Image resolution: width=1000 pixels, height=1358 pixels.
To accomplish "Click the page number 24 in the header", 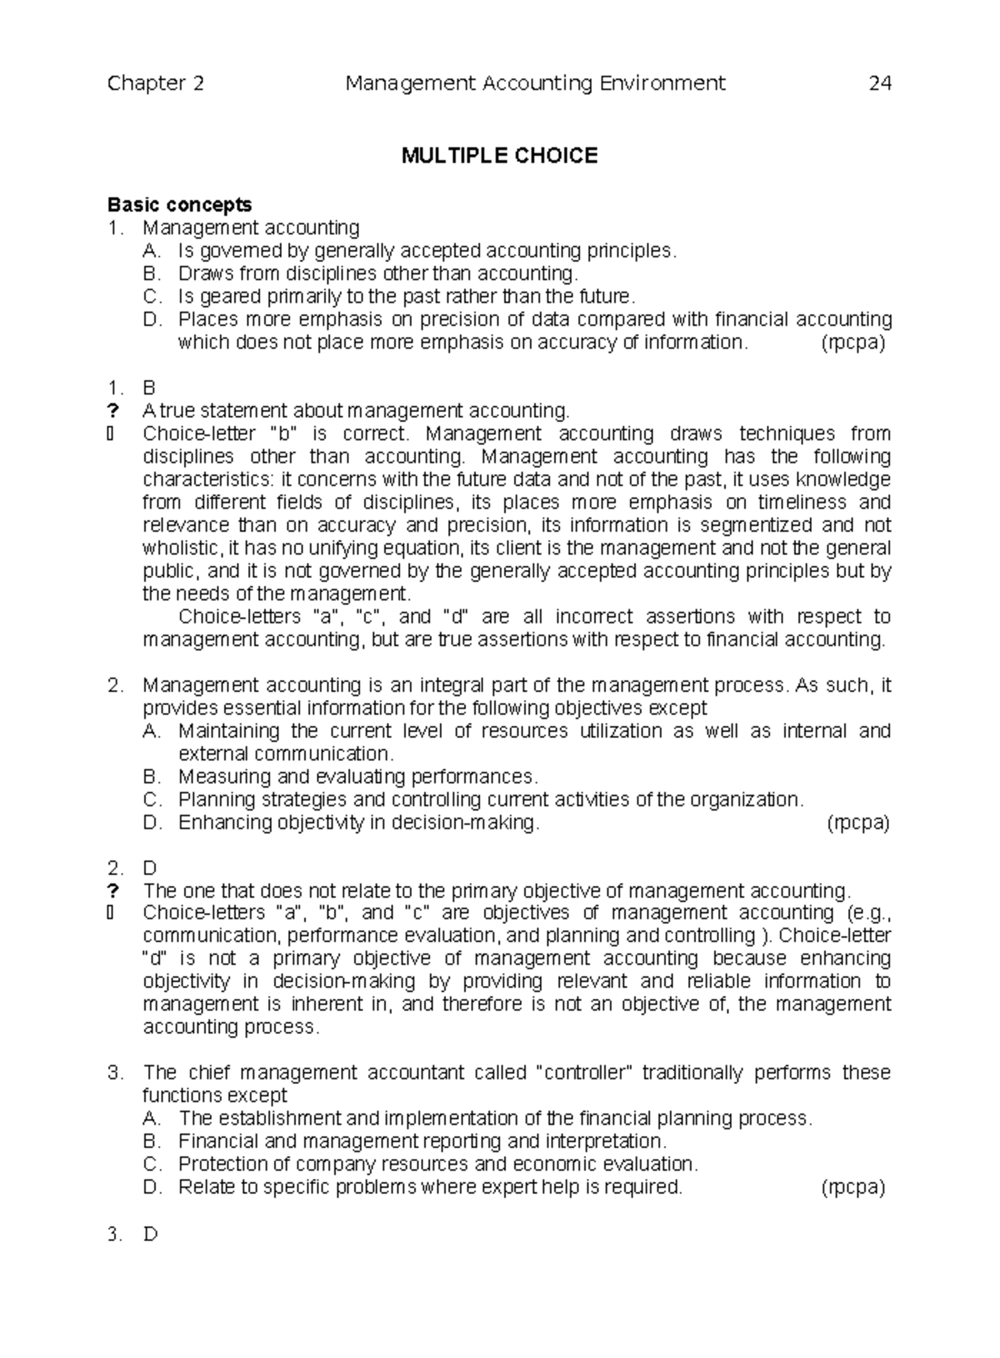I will [x=880, y=83].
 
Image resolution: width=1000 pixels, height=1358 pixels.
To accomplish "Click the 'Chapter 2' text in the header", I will [x=156, y=83].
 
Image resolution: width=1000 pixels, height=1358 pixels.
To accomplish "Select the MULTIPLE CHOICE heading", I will [x=499, y=156].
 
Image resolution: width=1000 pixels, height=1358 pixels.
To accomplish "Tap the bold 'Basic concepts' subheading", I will [x=179, y=205].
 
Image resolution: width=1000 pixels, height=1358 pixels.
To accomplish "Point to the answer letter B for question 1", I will [x=149, y=388].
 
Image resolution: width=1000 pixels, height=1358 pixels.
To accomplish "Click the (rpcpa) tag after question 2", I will [x=858, y=823].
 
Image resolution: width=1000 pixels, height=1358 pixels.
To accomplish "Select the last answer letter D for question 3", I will [x=150, y=1235].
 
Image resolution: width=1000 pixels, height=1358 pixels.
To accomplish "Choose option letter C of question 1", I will [x=150, y=297].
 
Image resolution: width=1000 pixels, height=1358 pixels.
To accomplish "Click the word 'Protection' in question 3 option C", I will [x=219, y=1165].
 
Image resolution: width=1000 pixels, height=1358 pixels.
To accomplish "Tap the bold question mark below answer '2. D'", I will [x=113, y=890].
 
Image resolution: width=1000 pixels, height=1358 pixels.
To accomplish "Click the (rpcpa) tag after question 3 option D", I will [x=852, y=1188].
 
